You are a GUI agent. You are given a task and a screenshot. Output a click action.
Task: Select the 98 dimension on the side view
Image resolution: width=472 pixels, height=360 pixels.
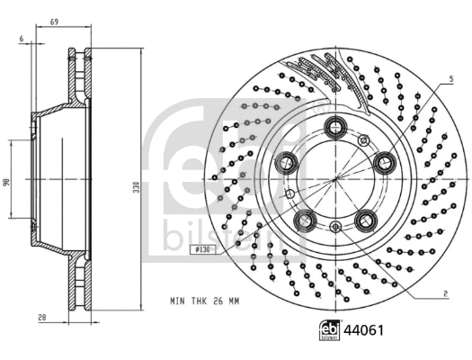click(6, 183)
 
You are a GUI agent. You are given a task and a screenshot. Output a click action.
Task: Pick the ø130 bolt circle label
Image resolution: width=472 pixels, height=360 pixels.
click(202, 251)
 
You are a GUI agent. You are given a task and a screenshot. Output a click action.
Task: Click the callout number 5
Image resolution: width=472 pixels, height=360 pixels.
click(445, 81)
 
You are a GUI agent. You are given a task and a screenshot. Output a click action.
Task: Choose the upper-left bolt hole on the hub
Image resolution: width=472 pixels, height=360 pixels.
click(289, 162)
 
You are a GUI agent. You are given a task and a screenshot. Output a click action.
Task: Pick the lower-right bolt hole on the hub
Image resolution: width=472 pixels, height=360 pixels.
click(367, 219)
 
